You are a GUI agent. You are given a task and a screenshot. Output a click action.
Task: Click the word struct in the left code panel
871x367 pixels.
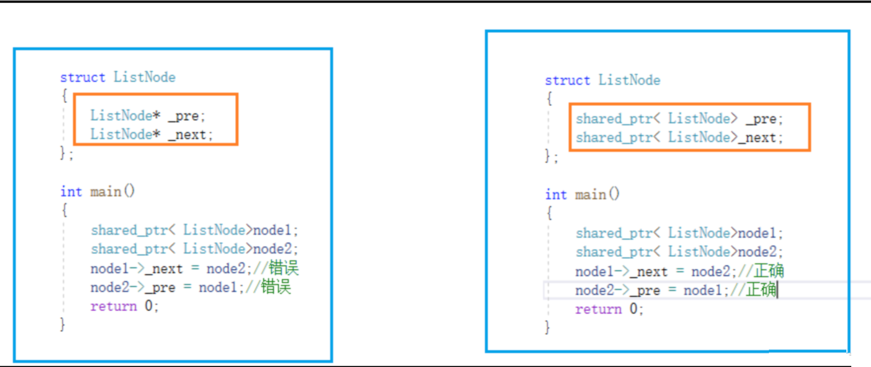click(82, 78)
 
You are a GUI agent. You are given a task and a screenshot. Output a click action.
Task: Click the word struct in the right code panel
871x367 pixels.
click(567, 81)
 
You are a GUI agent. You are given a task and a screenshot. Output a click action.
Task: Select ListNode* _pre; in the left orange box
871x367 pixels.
click(147, 116)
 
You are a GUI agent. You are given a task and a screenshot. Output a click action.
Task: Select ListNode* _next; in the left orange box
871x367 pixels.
click(151, 134)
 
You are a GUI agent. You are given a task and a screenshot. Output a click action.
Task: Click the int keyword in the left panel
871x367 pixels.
click(71, 192)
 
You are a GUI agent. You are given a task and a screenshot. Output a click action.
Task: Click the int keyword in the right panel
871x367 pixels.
click(556, 195)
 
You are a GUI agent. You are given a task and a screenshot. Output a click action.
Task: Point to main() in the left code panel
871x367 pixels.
click(112, 192)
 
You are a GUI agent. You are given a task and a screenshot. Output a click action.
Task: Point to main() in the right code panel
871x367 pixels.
click(597, 195)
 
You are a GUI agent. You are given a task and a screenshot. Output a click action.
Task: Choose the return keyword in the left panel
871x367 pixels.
click(113, 306)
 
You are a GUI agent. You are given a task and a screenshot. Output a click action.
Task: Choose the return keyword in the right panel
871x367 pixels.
click(598, 309)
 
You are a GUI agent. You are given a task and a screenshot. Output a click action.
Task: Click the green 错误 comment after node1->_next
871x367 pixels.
click(284, 268)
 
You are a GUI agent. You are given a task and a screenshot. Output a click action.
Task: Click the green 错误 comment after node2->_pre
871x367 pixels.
click(276, 287)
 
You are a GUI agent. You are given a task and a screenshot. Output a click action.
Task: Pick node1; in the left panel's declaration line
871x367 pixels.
click(275, 230)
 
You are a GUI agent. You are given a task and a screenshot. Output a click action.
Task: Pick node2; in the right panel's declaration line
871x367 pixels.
click(760, 252)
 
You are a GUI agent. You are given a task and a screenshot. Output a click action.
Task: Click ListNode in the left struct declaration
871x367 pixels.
click(145, 78)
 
